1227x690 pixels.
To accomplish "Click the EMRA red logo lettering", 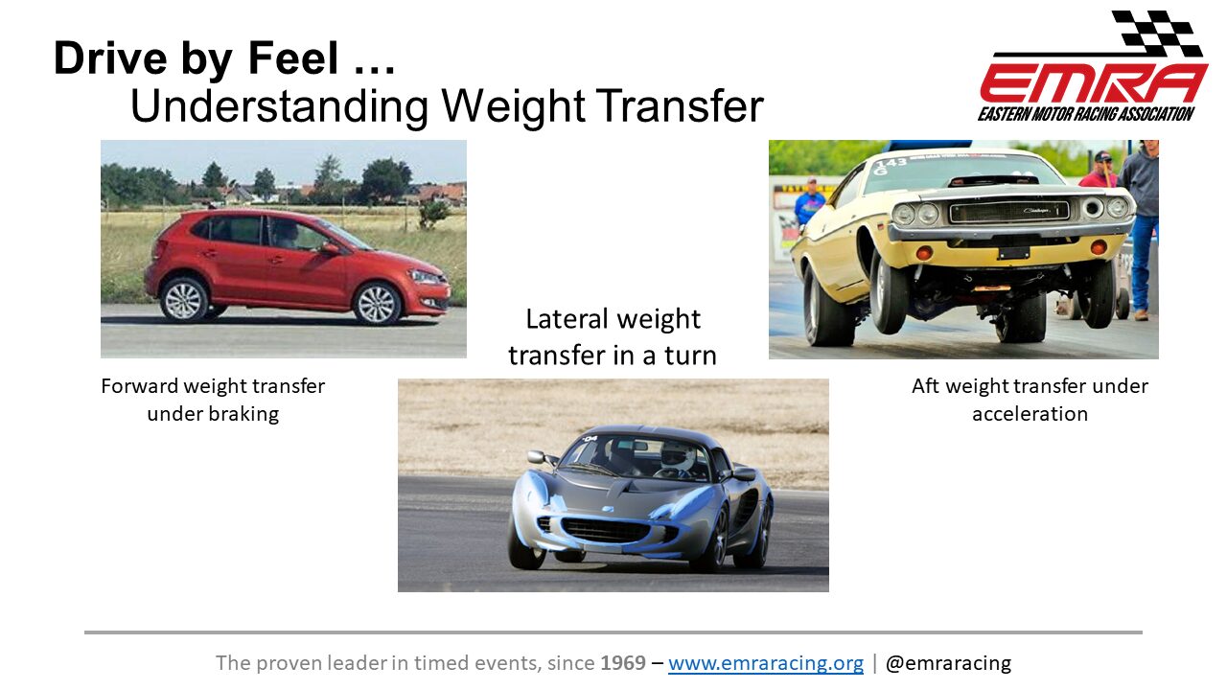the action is click(1094, 83).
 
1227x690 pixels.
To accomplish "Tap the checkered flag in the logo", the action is click(1157, 33).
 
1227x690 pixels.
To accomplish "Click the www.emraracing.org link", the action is click(766, 663).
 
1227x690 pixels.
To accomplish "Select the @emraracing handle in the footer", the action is click(948, 663).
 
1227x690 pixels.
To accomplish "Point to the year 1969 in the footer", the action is click(623, 662).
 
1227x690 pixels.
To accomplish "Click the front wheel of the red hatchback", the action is click(377, 305).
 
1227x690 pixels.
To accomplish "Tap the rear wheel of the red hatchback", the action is click(184, 300).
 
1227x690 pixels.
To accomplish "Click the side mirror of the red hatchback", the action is click(330, 249).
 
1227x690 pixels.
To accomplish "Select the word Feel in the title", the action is click(293, 58).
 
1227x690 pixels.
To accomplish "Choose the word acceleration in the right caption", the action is click(1030, 414).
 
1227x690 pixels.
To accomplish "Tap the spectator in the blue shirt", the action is click(809, 201).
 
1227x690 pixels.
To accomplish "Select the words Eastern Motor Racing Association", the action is click(1086, 114).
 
